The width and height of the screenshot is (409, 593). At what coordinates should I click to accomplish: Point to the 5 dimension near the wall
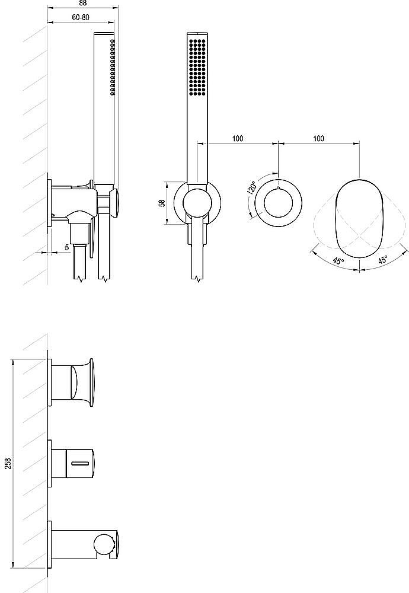[x=67, y=247]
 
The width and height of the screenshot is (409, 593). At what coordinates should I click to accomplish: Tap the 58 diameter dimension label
[x=162, y=203]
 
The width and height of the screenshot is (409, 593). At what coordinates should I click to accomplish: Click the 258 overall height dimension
[x=8, y=463]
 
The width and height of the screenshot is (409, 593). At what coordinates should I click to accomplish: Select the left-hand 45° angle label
[x=338, y=260]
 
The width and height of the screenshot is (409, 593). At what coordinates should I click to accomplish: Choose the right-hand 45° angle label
[x=382, y=260]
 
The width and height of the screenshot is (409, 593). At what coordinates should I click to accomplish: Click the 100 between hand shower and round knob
[x=238, y=138]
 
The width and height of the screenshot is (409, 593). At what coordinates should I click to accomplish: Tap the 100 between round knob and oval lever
[x=319, y=138]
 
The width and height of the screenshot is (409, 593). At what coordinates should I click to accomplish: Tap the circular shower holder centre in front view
[x=197, y=203]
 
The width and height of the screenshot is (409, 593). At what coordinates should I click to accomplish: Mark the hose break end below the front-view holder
[x=198, y=276]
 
